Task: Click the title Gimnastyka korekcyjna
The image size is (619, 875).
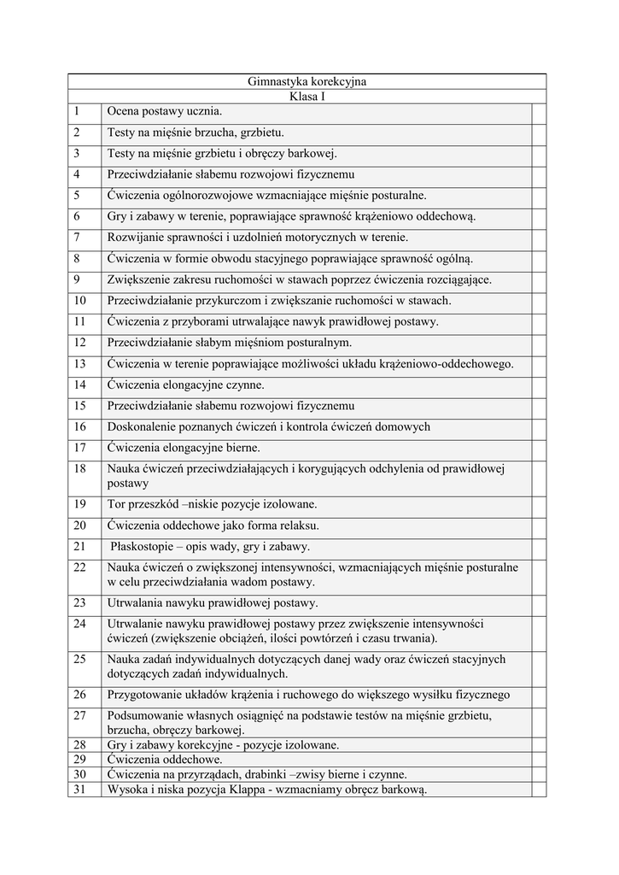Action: (x=307, y=82)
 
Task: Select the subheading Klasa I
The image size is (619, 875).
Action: (x=307, y=97)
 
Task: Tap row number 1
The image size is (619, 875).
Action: (x=76, y=111)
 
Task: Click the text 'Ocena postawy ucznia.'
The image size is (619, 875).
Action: (x=164, y=111)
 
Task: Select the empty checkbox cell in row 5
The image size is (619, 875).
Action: (x=539, y=195)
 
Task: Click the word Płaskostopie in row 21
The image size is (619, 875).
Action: (x=141, y=546)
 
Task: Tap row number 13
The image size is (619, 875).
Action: (x=79, y=363)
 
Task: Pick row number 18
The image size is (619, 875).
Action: (x=79, y=468)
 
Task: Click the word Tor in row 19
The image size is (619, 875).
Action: (x=117, y=504)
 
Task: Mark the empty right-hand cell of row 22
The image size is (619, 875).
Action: (x=539, y=574)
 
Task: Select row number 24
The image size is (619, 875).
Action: (x=79, y=624)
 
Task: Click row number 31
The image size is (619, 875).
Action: (x=79, y=790)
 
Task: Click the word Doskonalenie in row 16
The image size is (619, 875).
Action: (x=143, y=426)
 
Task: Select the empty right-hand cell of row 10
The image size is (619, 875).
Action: (x=539, y=300)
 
